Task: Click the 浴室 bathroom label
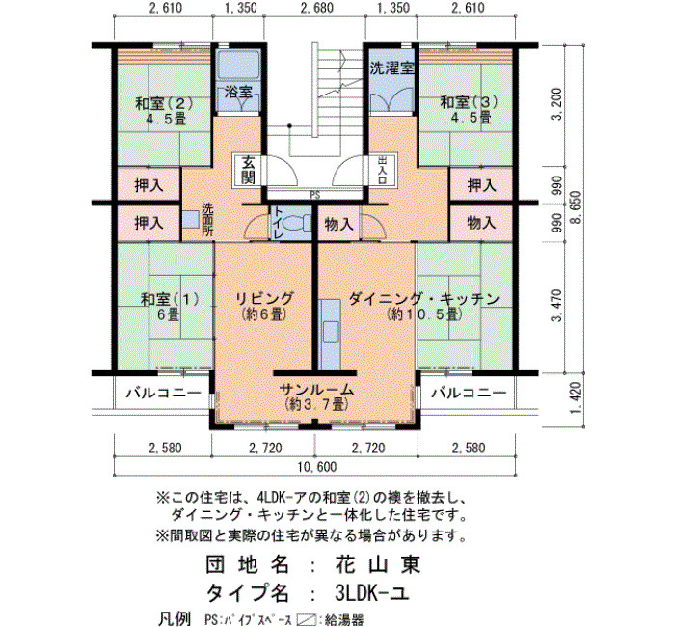[x=238, y=92]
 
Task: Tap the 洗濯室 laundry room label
[x=391, y=68]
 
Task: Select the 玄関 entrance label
[x=248, y=170]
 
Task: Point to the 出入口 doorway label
[x=382, y=170]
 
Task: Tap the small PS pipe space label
[x=315, y=195]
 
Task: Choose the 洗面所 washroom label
[x=207, y=219]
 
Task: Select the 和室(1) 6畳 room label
[x=170, y=307]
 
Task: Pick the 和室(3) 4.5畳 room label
[x=469, y=110]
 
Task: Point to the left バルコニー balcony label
[x=164, y=393]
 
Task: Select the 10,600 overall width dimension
[x=317, y=467]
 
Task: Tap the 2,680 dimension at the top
[x=314, y=8]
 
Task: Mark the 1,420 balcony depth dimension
[x=575, y=397]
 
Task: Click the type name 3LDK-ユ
[x=371, y=594]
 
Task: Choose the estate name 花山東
[x=378, y=564]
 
